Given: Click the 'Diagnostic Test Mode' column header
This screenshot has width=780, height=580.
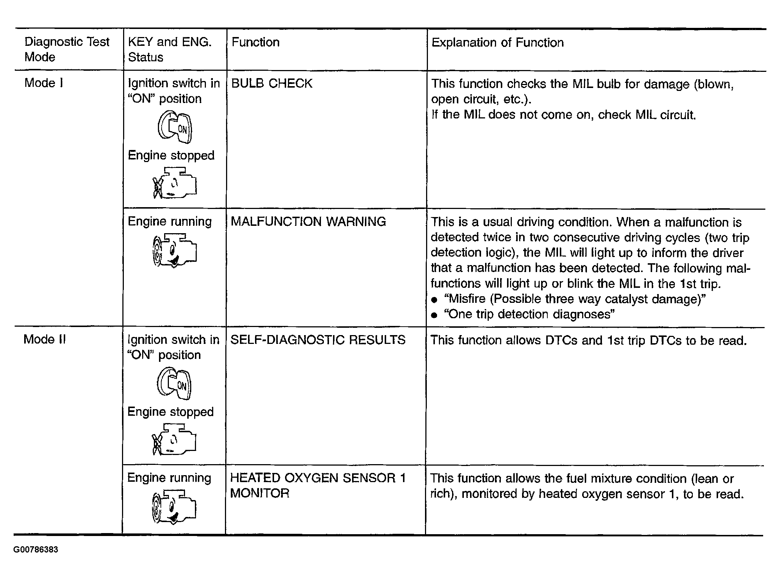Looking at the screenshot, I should (67, 49).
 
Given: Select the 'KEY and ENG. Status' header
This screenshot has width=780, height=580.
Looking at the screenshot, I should (170, 49).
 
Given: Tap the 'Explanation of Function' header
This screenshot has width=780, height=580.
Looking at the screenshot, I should (497, 43).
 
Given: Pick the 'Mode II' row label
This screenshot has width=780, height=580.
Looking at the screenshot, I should (44, 339).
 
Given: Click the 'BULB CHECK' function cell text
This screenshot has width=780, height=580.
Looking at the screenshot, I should (271, 84).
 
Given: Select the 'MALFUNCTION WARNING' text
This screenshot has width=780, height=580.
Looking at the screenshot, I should (308, 221).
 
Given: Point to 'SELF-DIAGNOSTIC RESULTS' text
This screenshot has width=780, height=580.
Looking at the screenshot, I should (318, 340).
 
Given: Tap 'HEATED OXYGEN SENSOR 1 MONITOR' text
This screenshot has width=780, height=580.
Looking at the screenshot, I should (318, 485).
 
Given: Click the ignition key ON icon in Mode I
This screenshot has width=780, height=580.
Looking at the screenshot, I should (175, 128).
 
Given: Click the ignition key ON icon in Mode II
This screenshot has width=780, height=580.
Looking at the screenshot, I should (174, 384).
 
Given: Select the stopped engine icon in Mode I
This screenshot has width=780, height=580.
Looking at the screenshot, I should (174, 183).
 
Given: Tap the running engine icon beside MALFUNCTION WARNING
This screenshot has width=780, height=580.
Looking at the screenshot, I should (174, 251).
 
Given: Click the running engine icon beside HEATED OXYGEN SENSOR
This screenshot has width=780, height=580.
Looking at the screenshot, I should (174, 507).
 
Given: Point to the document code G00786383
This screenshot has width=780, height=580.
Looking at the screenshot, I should (36, 550).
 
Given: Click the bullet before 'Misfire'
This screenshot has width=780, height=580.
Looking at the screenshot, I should (435, 300).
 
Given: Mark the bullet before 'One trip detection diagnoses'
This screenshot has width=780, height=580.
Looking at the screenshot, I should (435, 315).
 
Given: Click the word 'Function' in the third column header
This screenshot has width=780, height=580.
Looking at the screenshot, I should (255, 43).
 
